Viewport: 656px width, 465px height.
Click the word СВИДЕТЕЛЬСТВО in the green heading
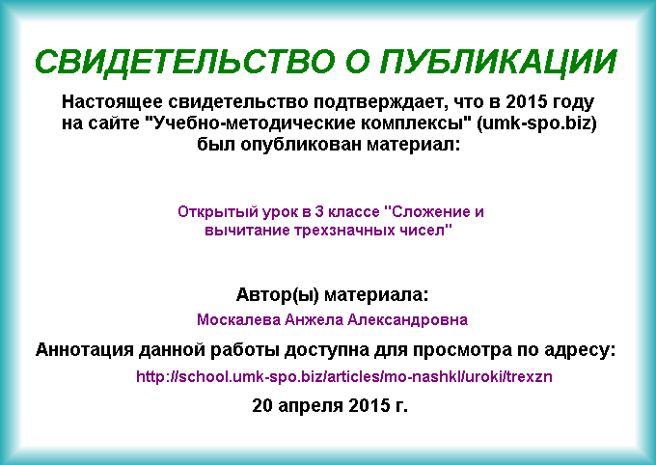(185, 62)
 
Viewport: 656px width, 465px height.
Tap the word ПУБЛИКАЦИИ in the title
(499, 62)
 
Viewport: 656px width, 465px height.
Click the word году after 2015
(573, 102)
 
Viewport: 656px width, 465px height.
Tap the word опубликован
(301, 145)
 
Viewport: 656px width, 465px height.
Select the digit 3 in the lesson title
(319, 212)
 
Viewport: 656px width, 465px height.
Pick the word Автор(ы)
(278, 295)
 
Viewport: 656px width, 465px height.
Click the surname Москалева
(238, 320)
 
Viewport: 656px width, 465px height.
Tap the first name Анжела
(314, 320)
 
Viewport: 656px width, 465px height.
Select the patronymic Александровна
(407, 320)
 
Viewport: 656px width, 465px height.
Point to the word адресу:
(580, 350)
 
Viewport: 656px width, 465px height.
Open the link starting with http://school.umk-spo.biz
(343, 376)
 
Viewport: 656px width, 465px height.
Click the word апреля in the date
(311, 405)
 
